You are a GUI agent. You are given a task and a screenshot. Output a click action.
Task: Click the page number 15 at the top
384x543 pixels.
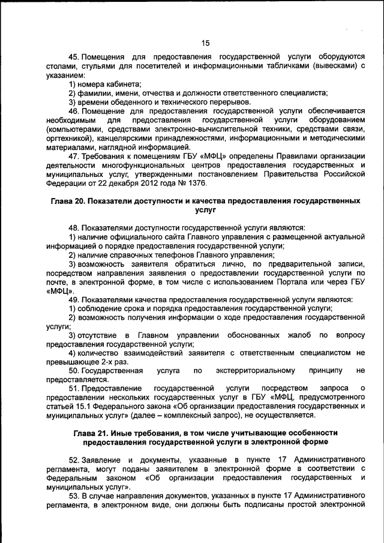(205, 43)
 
